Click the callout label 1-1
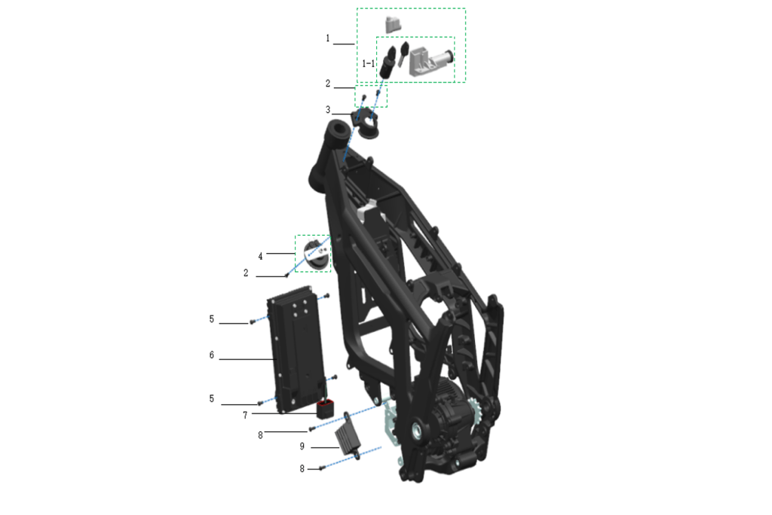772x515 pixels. point(368,63)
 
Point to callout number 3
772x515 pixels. point(328,110)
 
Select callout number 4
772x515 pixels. point(260,256)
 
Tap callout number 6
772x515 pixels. point(212,355)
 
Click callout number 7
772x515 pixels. point(245,416)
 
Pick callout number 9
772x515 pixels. point(302,446)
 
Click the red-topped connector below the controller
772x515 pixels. point(325,408)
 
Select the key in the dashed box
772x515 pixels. point(403,53)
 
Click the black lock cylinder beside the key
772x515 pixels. point(388,62)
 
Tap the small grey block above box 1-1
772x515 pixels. point(393,24)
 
